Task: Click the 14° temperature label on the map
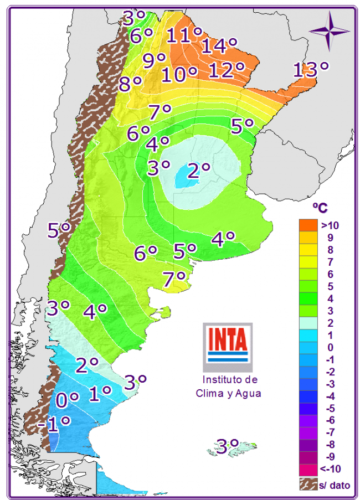coord(219,45)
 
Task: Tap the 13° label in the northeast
coord(310,70)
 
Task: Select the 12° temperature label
coord(227,70)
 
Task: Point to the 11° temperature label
coord(184,35)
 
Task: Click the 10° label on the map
coord(179,74)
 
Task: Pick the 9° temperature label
coord(154,59)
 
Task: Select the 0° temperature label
coord(67,399)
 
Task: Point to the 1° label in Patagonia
coord(100,393)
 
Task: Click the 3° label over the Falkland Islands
coord(227,446)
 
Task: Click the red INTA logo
coord(227,341)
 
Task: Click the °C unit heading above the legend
coord(320,208)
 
